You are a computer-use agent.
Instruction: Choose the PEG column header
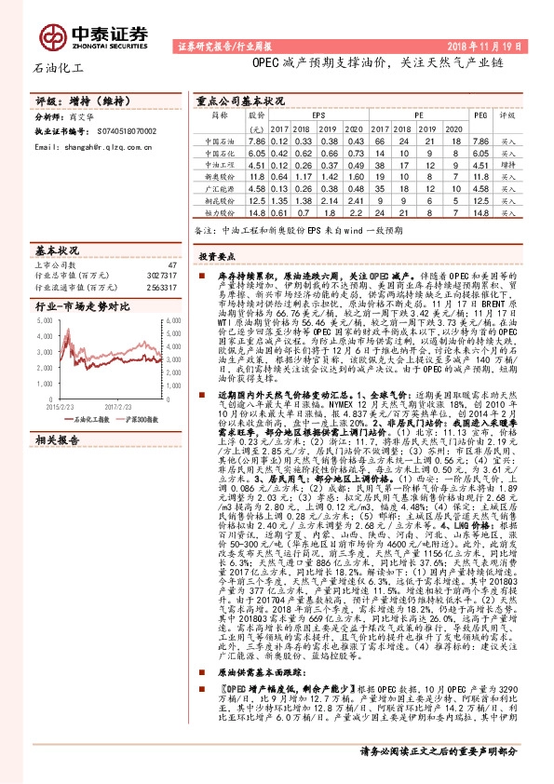[480, 115]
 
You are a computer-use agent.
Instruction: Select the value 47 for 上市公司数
[171, 265]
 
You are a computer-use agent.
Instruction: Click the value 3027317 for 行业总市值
[160, 277]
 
